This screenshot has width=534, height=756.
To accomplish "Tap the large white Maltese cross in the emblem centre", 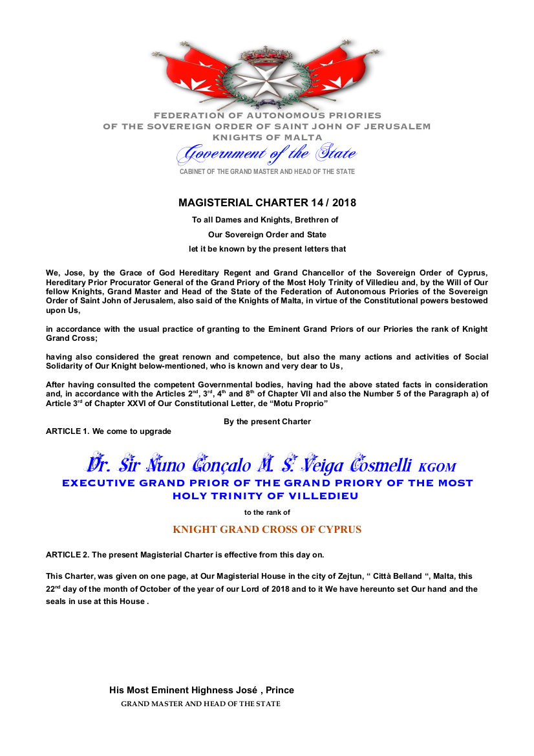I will pyautogui.click(x=267, y=81).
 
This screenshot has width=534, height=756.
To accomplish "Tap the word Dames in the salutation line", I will pyautogui.click(x=231, y=220).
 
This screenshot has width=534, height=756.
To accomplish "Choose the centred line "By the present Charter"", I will pyautogui.click(x=267, y=422).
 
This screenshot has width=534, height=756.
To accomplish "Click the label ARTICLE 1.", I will pyautogui.click(x=67, y=431).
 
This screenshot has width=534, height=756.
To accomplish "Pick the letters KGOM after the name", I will pyautogui.click(x=437, y=467).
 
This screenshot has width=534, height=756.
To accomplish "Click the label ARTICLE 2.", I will pyautogui.click(x=67, y=555).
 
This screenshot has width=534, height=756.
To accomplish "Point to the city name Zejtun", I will pyautogui.click(x=343, y=576).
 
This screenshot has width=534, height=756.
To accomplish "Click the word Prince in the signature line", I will pyautogui.click(x=279, y=690).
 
